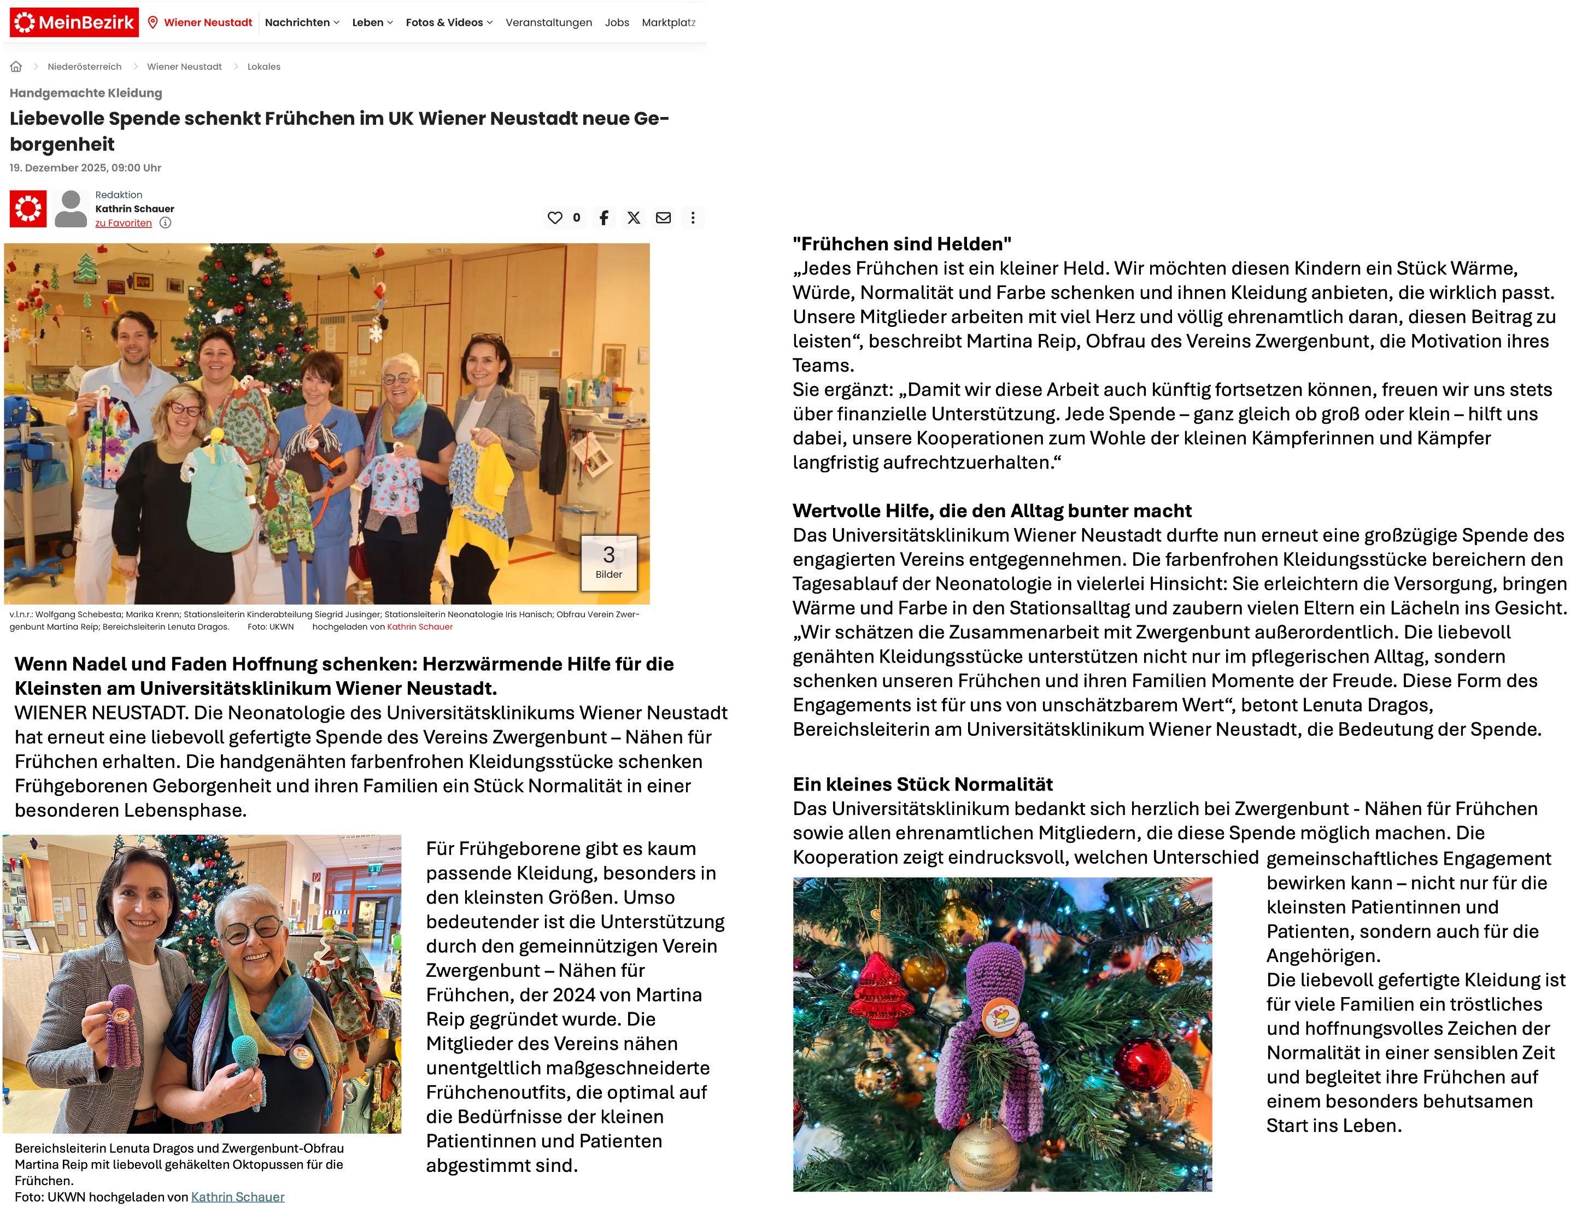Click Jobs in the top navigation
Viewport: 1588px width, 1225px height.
[x=617, y=22]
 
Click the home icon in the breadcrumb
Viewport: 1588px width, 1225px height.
[x=16, y=67]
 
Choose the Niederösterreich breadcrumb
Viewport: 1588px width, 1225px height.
[x=84, y=67]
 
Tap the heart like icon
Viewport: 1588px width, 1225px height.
[x=555, y=218]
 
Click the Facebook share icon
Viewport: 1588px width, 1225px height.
[x=603, y=218]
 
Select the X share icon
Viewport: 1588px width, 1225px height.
[x=634, y=218]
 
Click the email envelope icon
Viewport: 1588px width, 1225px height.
[x=663, y=218]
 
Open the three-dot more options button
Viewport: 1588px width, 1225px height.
[x=693, y=218]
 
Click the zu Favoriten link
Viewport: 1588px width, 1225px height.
[x=124, y=223]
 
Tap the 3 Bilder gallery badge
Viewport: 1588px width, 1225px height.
[x=608, y=562]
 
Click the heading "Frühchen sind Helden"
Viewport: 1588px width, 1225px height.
[x=901, y=244]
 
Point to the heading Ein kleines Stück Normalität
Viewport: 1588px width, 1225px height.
[x=922, y=784]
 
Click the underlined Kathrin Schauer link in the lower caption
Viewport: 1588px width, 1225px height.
[x=238, y=1197]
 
